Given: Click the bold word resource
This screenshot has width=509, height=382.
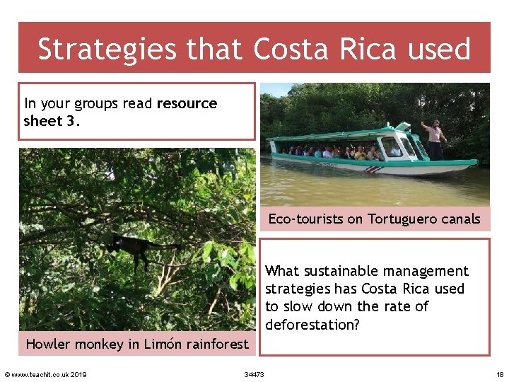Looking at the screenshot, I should click(x=187, y=103).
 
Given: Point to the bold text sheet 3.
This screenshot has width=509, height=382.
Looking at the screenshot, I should click(x=47, y=120).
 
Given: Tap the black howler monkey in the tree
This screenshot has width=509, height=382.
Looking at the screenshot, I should click(x=131, y=248).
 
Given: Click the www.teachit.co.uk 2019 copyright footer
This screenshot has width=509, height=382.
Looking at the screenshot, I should click(x=45, y=374).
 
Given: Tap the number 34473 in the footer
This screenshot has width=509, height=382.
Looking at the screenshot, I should click(x=254, y=374).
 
